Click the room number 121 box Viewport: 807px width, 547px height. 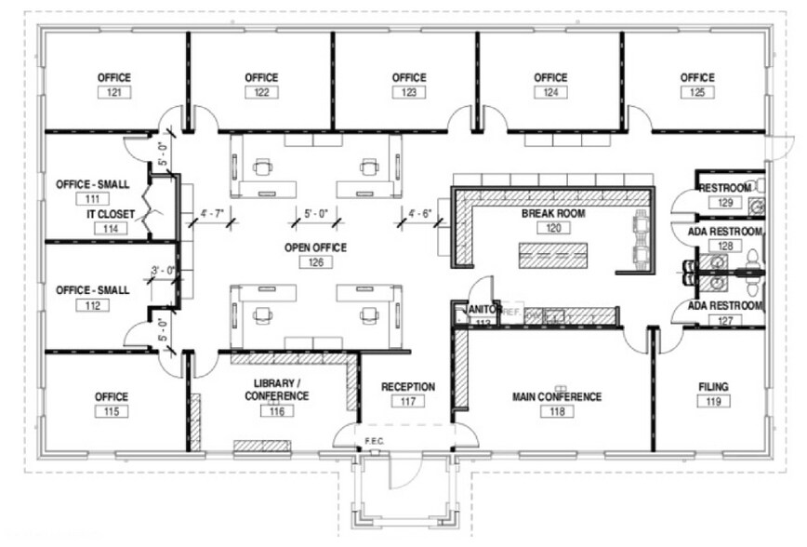(x=117, y=92)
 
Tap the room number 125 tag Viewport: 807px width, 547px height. (x=697, y=92)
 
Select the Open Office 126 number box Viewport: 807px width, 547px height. (x=316, y=263)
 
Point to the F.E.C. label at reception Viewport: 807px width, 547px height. (x=375, y=440)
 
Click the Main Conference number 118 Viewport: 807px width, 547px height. (x=557, y=411)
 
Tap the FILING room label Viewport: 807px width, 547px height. (x=713, y=386)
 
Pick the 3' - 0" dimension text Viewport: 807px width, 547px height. (x=165, y=271)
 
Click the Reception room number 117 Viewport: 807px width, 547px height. (x=408, y=402)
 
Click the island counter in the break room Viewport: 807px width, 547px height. (x=555, y=253)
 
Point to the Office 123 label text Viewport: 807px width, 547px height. (x=409, y=77)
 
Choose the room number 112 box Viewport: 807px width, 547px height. (x=92, y=305)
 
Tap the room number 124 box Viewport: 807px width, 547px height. (x=550, y=92)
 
